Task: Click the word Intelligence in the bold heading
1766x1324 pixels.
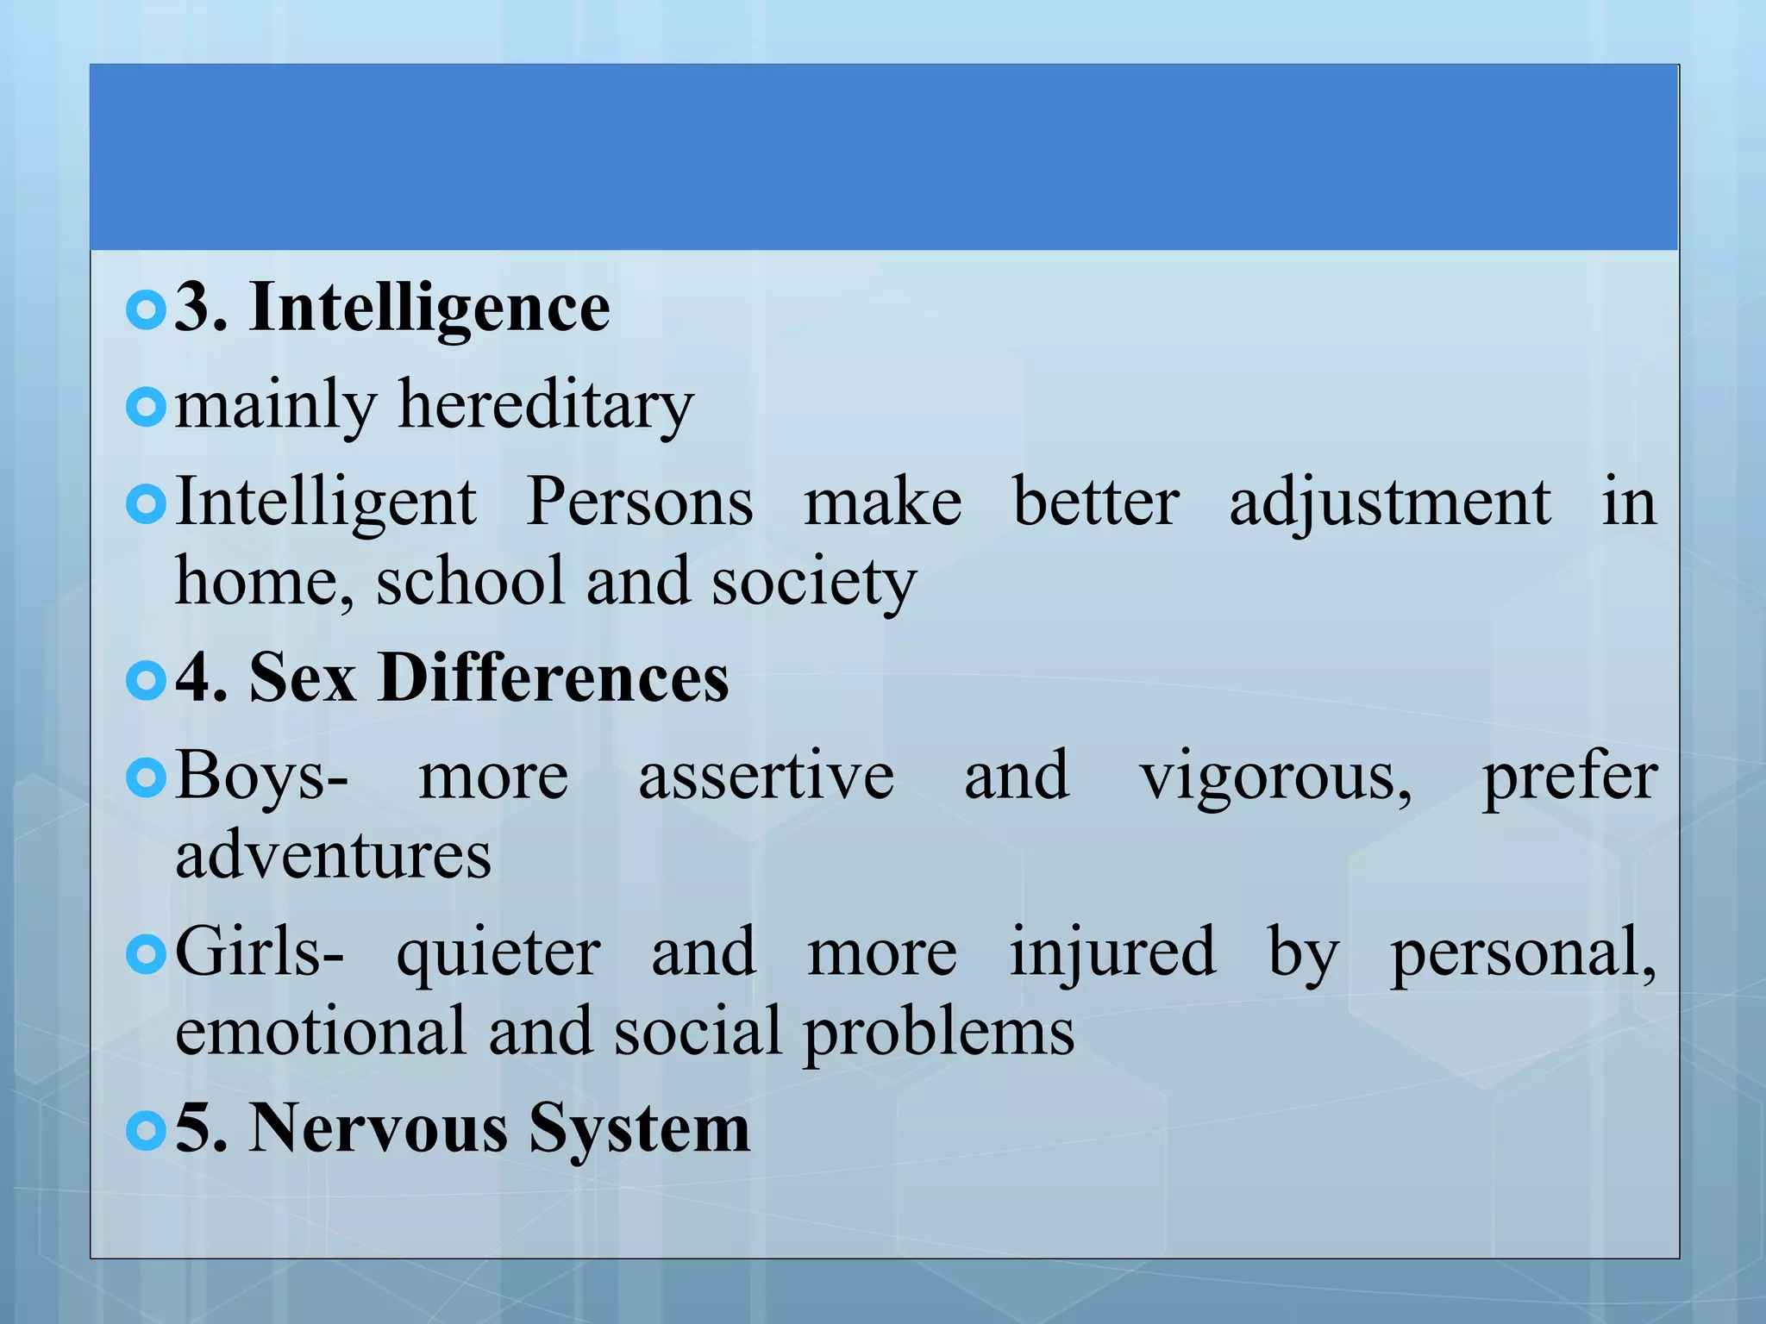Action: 429,308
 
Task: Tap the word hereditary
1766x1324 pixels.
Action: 545,405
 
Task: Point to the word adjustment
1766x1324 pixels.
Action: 1389,503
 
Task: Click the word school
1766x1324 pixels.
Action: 471,582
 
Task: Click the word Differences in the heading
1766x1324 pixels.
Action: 554,678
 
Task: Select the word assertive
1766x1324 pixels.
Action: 766,776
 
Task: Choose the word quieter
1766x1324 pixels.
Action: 498,953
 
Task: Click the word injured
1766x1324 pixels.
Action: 1112,953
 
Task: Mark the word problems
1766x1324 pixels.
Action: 939,1033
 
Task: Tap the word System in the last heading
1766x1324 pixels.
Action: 639,1129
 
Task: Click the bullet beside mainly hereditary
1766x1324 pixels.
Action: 145,407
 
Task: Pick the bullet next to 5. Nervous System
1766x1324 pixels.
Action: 145,1129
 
